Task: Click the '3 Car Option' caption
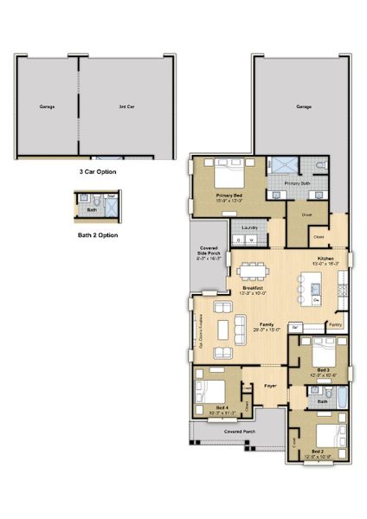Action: pyautogui.click(x=97, y=172)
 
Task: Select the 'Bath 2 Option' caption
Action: pyautogui.click(x=97, y=234)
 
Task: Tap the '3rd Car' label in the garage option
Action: pyautogui.click(x=126, y=107)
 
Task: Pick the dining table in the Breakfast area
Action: pyautogui.click(x=253, y=270)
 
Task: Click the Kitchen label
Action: pyautogui.click(x=325, y=259)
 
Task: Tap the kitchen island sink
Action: pyautogui.click(x=317, y=287)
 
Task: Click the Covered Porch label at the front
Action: pyautogui.click(x=238, y=430)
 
